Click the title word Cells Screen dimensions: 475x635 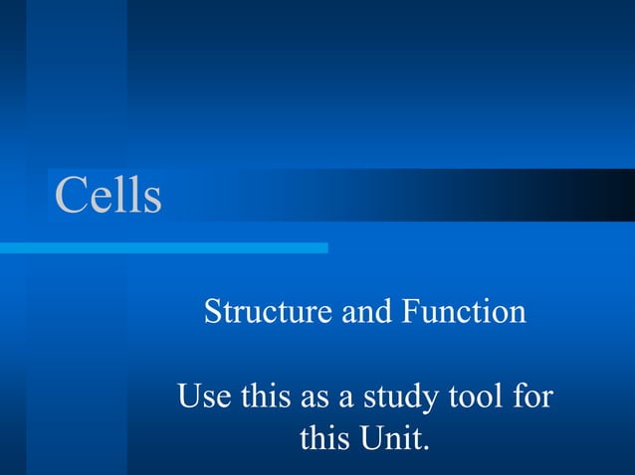pyautogui.click(x=107, y=195)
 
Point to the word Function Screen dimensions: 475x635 pyautogui.click(x=463, y=313)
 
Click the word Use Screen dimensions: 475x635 pyautogui.click(x=203, y=398)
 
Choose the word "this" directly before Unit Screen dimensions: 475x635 pyautogui.click(x=323, y=437)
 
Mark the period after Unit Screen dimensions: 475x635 pyautogui.click(x=426, y=446)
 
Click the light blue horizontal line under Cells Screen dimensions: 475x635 pyautogui.click(x=164, y=247)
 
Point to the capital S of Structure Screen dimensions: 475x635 pyautogui.click(x=212, y=313)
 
